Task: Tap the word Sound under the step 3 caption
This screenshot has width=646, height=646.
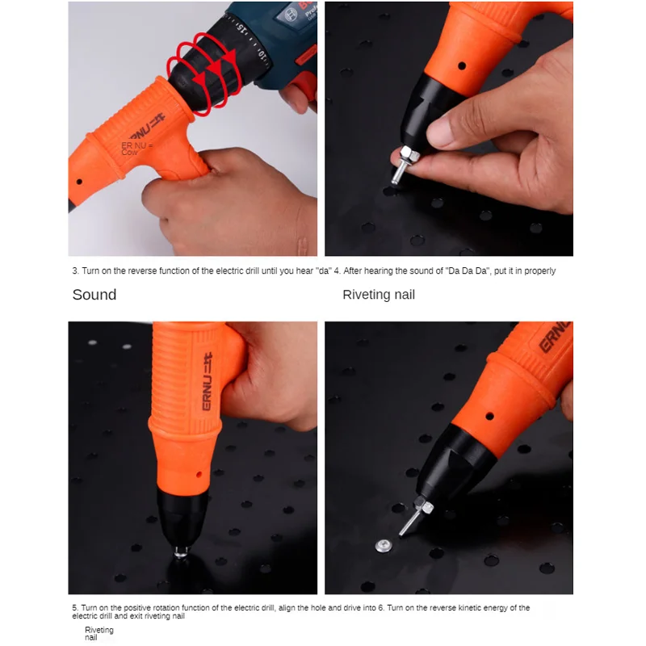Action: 94,295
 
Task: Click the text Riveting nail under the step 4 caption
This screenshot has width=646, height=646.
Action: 379,295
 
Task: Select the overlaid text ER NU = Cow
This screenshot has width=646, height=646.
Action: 136,149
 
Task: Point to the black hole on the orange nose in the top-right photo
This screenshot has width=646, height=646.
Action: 462,65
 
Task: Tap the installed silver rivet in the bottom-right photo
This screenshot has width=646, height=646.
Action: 384,547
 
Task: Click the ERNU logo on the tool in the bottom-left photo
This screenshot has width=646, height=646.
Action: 208,381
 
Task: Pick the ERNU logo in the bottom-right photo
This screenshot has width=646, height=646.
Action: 554,338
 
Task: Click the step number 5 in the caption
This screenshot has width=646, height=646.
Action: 74,608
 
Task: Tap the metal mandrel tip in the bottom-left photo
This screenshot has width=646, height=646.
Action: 181,551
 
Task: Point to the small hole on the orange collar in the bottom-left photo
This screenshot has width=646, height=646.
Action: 199,475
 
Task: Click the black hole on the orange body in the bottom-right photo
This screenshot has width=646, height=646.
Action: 489,416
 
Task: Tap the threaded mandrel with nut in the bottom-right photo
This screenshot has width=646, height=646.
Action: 416,515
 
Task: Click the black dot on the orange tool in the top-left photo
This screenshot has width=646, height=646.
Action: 79,182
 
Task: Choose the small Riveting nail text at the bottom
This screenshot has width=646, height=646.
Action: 99,634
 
